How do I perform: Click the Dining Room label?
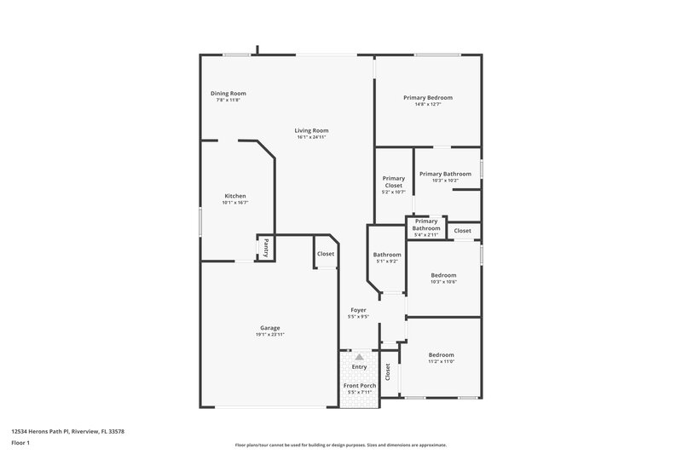coord(228,93)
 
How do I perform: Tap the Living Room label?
coord(312,130)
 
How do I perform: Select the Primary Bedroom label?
coord(428,98)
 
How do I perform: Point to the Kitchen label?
coord(234,196)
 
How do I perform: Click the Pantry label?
coord(266,248)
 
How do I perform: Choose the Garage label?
coord(269,328)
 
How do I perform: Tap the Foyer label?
coord(358,310)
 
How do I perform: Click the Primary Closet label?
coord(393,181)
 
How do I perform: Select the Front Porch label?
coord(359,386)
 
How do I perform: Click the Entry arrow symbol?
coord(359,357)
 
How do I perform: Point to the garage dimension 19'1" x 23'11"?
coord(269,335)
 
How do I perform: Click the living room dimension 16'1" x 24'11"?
coord(312,137)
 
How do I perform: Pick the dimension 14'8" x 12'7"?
coord(428,105)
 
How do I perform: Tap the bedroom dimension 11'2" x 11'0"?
coord(441,361)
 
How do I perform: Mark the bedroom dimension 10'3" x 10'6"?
coord(443,282)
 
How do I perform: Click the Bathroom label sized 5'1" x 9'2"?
coord(387,255)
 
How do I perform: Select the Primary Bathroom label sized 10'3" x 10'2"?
coord(445,174)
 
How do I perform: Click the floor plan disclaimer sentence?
coord(340,445)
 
